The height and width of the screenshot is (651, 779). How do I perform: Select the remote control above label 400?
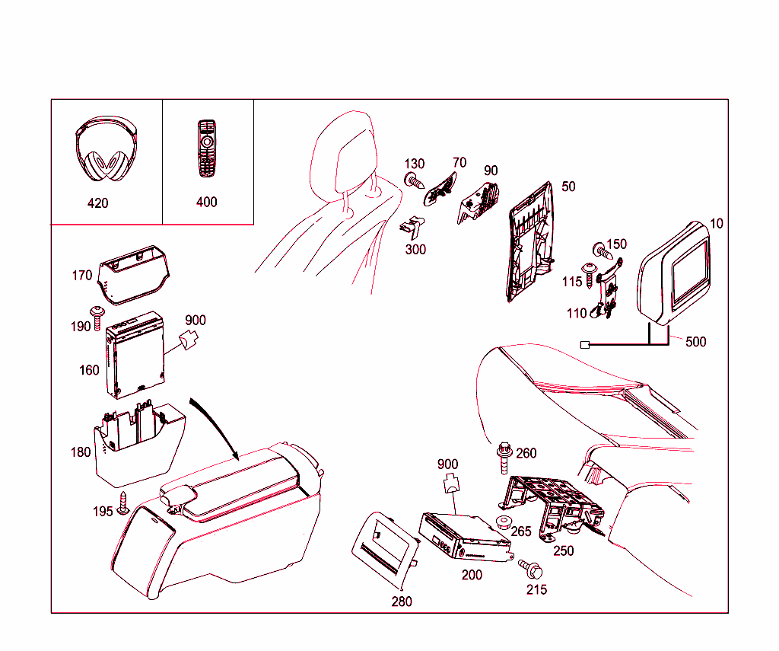click(206, 148)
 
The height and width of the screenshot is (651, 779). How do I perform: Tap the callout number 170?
click(82, 276)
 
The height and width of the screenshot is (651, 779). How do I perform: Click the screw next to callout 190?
click(97, 317)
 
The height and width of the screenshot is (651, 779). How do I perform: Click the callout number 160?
click(89, 370)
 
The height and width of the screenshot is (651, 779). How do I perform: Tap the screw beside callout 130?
click(413, 180)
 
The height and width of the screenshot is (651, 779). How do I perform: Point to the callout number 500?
click(695, 342)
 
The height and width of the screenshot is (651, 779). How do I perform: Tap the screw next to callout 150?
click(598, 249)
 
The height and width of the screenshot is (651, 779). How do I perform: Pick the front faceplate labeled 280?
click(384, 548)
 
